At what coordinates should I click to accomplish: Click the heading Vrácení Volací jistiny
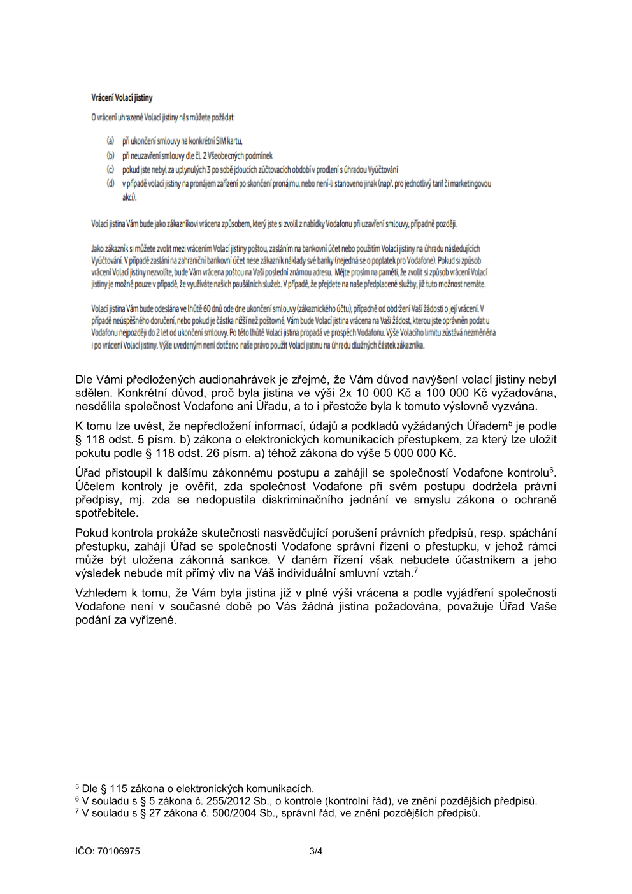122,97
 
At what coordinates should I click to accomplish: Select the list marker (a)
110,141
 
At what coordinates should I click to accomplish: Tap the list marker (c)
110,169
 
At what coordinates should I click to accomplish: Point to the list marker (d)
110,184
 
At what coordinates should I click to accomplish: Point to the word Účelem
96,486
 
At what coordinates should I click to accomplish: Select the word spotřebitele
106,513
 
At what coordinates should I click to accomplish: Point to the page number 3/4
316,851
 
